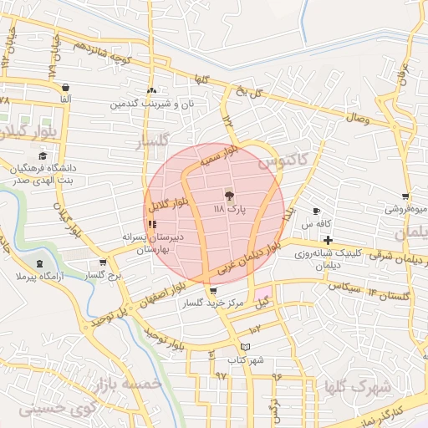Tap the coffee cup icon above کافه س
click(316, 211)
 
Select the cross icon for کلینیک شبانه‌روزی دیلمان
click(329, 240)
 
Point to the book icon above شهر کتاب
click(244, 346)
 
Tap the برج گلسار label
click(104, 274)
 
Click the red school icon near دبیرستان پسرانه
click(151, 224)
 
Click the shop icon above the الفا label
click(65, 87)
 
